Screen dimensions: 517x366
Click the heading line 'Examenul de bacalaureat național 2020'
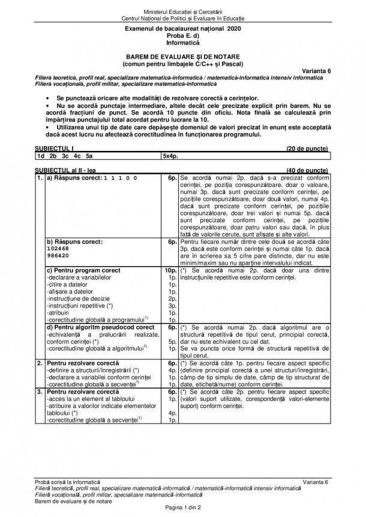(182, 29)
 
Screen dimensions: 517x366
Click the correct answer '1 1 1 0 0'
(120, 178)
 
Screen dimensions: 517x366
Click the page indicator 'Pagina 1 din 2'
(182, 508)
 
